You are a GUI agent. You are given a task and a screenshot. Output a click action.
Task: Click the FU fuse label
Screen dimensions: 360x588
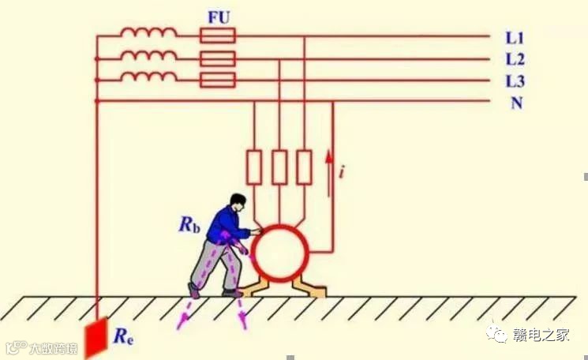tap(219, 16)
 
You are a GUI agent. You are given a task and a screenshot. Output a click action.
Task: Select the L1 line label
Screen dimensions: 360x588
tap(515, 37)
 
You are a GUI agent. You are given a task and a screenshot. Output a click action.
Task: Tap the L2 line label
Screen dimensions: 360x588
tap(515, 59)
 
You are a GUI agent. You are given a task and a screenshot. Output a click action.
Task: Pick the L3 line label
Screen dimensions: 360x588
tap(515, 81)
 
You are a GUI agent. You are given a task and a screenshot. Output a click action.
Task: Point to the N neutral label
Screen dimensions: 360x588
tap(516, 103)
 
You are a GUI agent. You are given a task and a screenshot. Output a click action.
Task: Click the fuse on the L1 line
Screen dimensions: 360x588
tap(218, 36)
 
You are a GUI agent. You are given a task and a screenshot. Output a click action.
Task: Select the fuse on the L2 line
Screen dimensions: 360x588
tap(218, 58)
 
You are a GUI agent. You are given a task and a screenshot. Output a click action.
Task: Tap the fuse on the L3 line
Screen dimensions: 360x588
tap(218, 79)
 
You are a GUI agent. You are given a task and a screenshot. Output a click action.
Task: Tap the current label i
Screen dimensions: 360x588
tap(340, 170)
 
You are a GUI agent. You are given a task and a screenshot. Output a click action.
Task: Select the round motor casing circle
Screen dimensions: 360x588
tap(279, 253)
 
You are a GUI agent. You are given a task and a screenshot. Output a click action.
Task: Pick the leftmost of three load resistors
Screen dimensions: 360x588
tap(254, 167)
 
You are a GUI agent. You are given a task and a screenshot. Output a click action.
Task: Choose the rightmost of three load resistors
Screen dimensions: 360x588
tap(304, 167)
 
